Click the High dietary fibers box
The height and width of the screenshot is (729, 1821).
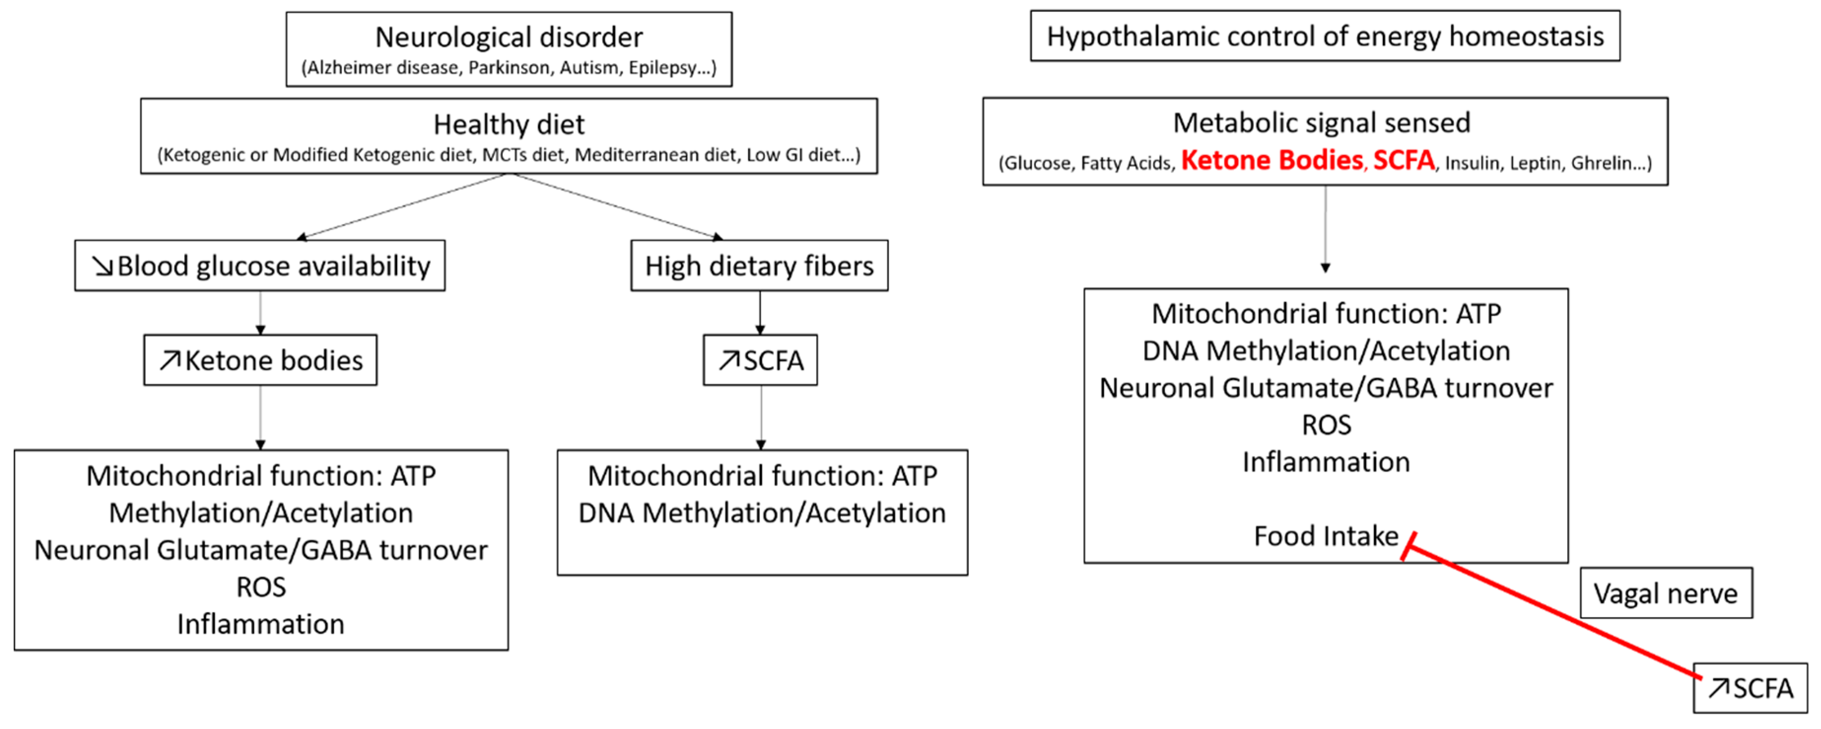759,266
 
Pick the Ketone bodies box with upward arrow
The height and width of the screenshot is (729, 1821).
260,361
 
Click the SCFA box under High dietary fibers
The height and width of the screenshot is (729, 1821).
760,361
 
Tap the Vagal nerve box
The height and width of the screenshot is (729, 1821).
1665,593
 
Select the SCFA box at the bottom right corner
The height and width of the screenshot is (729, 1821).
1751,688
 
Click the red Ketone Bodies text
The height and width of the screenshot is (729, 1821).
1271,161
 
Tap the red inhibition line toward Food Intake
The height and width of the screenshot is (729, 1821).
1555,612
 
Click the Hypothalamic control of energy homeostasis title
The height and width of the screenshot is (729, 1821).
1325,36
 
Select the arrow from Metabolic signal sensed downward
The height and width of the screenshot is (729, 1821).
1325,230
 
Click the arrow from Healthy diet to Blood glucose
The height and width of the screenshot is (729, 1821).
403,207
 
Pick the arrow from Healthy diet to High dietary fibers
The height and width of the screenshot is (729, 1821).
615,207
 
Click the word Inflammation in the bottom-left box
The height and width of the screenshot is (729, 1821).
260,624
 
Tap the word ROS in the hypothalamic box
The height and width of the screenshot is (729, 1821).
1326,425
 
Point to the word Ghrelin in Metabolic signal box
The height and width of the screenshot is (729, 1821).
1603,163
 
